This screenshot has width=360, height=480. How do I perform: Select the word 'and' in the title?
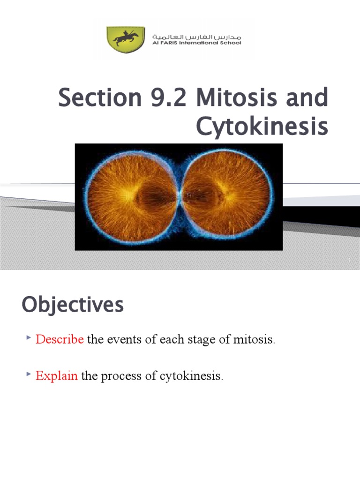[x=305, y=98]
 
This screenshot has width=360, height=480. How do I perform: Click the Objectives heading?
[x=73, y=306]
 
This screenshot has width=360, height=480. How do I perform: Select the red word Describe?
[x=60, y=339]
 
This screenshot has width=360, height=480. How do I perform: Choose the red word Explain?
[x=57, y=376]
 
